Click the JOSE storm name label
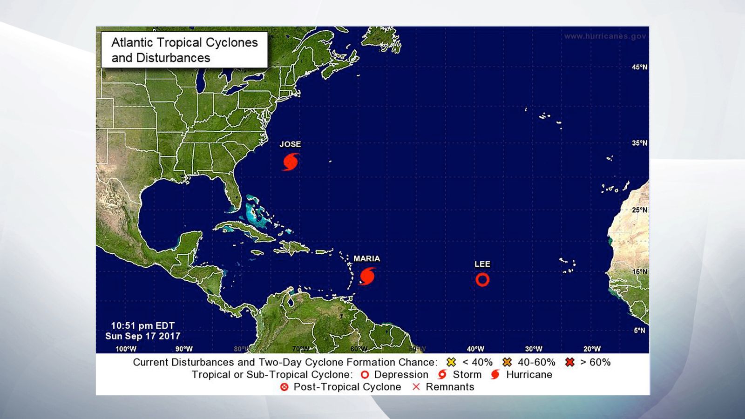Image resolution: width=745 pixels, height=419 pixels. click(290, 144)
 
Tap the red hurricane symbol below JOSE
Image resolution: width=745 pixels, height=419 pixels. click(291, 162)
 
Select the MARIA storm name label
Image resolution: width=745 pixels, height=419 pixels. click(366, 258)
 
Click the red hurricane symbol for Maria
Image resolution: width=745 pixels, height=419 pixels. click(368, 276)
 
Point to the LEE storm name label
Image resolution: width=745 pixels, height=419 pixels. click(482, 264)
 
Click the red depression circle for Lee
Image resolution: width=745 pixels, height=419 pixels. click(482, 280)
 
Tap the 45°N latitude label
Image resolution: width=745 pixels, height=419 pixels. click(639, 67)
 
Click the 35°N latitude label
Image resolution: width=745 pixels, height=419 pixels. click(639, 143)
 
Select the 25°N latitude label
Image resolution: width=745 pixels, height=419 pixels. click(639, 210)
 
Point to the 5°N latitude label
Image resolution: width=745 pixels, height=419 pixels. click(639, 331)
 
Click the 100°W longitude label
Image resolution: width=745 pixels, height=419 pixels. click(126, 349)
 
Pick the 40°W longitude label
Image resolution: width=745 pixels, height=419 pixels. click(475, 349)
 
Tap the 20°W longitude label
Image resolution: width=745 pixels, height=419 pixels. click(592, 349)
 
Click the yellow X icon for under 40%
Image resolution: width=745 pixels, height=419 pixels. click(451, 362)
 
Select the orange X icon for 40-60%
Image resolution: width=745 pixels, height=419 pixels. click(507, 362)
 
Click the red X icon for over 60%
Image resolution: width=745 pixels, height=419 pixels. click(569, 362)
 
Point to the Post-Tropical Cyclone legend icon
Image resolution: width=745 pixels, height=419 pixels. click(284, 387)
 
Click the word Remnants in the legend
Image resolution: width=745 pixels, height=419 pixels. click(450, 387)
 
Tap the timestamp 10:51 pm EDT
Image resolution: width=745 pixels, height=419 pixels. click(142, 326)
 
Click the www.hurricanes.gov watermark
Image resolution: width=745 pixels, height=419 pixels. click(605, 36)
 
